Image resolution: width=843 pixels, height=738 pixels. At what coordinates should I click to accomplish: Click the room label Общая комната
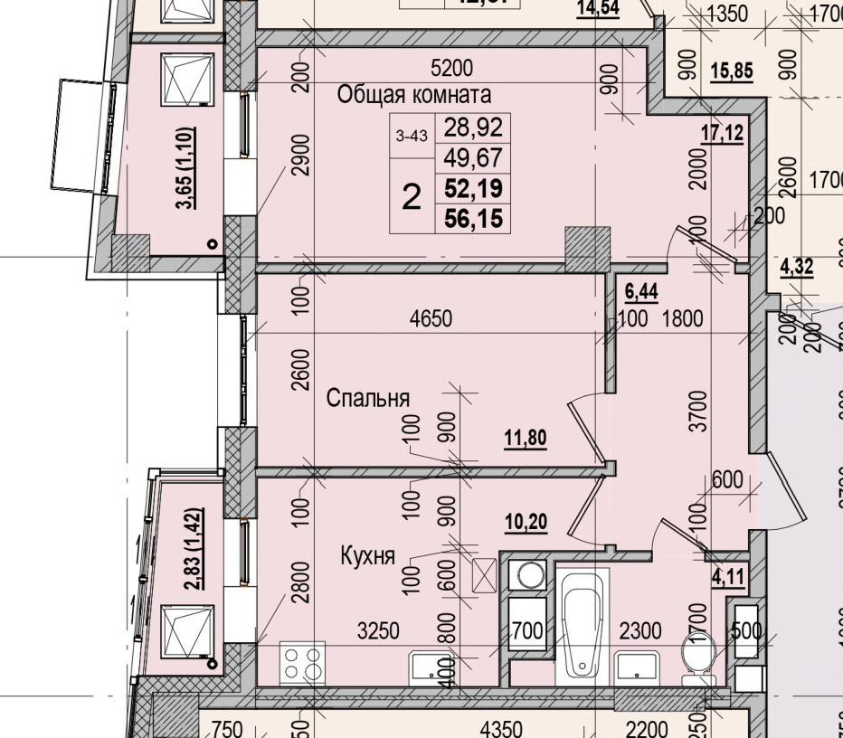point(414,95)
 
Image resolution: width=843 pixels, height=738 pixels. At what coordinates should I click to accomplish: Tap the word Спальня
point(368,398)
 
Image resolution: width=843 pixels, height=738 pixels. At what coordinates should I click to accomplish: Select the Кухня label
point(367,555)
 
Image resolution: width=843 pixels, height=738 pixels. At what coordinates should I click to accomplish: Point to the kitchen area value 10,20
point(526,522)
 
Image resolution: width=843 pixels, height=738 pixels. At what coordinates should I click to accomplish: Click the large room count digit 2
point(412,196)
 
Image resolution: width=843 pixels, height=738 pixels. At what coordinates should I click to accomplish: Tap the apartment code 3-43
point(412,137)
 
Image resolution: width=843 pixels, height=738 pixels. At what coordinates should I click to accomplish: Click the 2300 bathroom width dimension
point(642,630)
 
